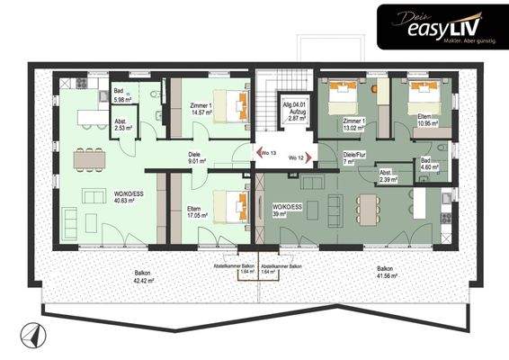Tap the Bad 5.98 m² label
(x=124, y=95)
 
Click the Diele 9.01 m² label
(x=193, y=158)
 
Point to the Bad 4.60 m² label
(x=429, y=164)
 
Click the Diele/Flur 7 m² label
(x=357, y=157)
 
